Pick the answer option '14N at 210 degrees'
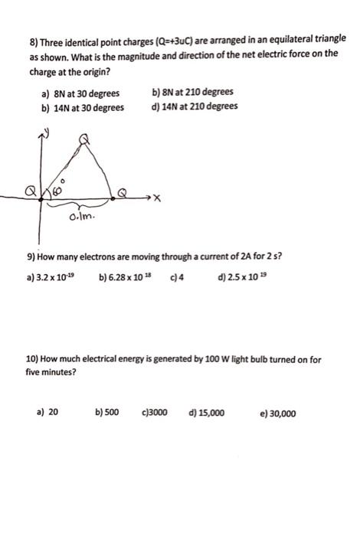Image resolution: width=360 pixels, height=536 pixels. point(195,107)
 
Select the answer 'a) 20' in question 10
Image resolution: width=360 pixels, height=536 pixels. point(47,413)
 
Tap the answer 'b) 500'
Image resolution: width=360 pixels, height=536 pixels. point(107,413)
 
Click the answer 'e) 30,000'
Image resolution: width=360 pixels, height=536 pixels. point(278,413)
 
